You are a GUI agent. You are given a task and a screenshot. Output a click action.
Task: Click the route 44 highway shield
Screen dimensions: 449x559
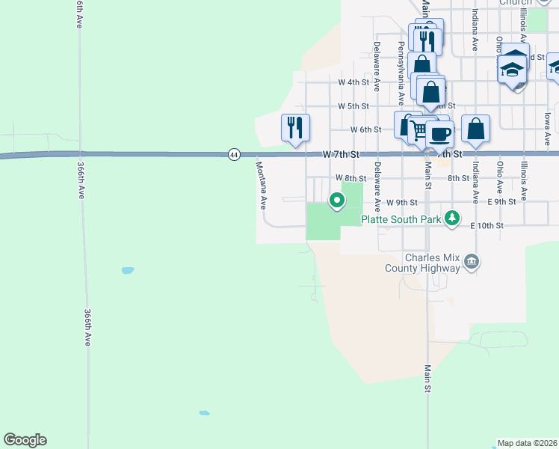234,154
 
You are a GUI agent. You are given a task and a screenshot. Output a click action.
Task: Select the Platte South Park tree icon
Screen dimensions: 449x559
452,218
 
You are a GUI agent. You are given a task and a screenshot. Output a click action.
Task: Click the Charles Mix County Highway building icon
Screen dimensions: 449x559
472,261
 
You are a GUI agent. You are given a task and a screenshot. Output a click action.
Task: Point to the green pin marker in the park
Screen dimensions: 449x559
337,200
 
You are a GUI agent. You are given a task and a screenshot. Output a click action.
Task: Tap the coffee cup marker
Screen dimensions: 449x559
440,134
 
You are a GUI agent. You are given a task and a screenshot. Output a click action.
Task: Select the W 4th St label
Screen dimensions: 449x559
353,82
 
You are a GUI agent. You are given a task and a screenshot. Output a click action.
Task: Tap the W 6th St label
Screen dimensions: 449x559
365,129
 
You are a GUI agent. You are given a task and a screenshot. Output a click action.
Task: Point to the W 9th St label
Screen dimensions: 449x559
401,202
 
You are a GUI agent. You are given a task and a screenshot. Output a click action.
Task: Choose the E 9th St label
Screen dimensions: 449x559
501,202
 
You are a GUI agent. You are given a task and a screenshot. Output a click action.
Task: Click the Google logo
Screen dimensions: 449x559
25,440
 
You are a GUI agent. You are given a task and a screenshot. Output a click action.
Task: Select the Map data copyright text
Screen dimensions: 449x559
528,443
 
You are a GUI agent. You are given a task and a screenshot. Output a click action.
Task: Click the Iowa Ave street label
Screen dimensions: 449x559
548,120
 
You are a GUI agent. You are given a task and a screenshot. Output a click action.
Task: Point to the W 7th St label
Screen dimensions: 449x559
342,153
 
